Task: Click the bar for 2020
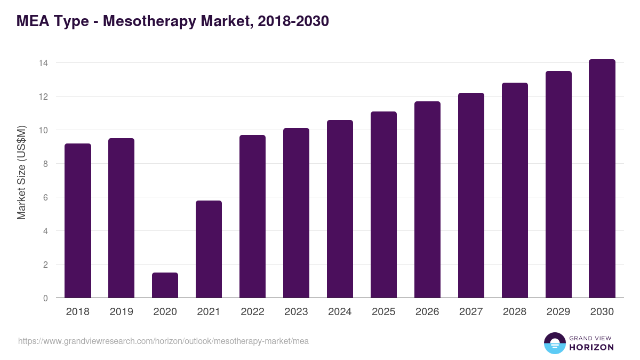click(165, 285)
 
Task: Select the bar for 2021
click(209, 249)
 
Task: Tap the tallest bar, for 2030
click(602, 179)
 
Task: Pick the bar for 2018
click(78, 221)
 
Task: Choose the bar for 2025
click(383, 205)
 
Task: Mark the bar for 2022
click(252, 217)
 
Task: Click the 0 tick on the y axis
click(45, 298)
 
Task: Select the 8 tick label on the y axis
click(45, 164)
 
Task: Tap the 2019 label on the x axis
click(121, 312)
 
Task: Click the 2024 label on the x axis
click(340, 312)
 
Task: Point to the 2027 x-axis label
click(471, 312)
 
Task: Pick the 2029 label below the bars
click(558, 312)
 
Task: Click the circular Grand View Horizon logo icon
click(554, 343)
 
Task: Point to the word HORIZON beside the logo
click(591, 347)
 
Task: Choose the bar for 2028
click(515, 190)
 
